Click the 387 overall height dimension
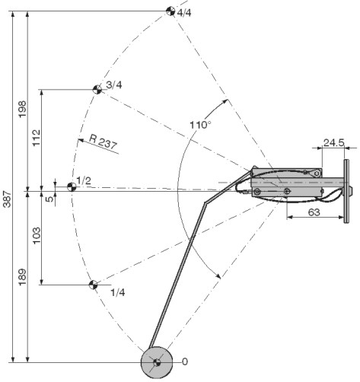[8, 199]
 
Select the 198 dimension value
[22, 109]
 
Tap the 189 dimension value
[22, 276]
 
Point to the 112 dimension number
[37, 138]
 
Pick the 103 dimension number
[37, 235]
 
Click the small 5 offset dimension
[50, 198]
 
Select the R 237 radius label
[104, 142]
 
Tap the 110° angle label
[200, 125]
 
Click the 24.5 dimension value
[333, 143]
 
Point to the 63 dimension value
[314, 212]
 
